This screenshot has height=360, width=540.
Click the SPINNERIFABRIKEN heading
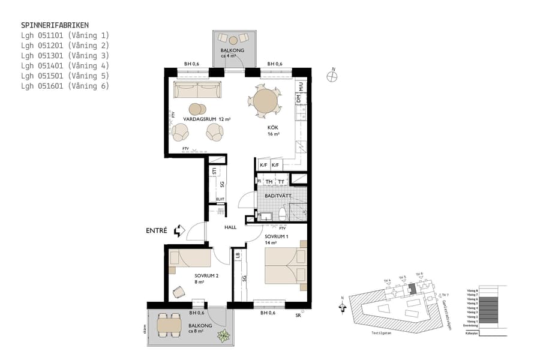tap(55, 25)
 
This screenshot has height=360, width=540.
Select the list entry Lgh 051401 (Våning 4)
tap(65, 65)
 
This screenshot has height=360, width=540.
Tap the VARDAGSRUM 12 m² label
tap(207, 119)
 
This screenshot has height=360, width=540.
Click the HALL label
tap(230, 227)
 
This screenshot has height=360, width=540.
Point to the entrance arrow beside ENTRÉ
tap(178, 230)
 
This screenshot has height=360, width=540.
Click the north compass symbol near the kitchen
tap(332, 76)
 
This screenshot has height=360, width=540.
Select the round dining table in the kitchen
tap(265, 100)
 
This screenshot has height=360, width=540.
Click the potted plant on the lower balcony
tap(224, 337)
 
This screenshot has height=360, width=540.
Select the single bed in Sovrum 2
tap(191, 259)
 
